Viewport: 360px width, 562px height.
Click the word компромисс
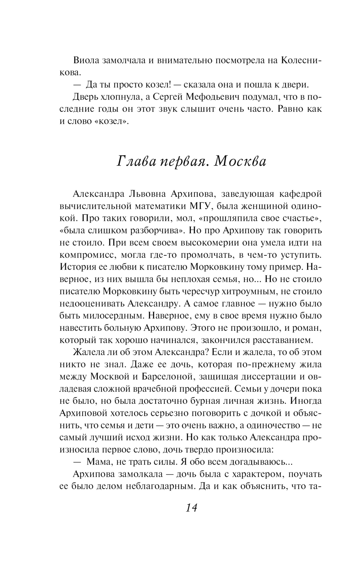pyautogui.click(x=86, y=255)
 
